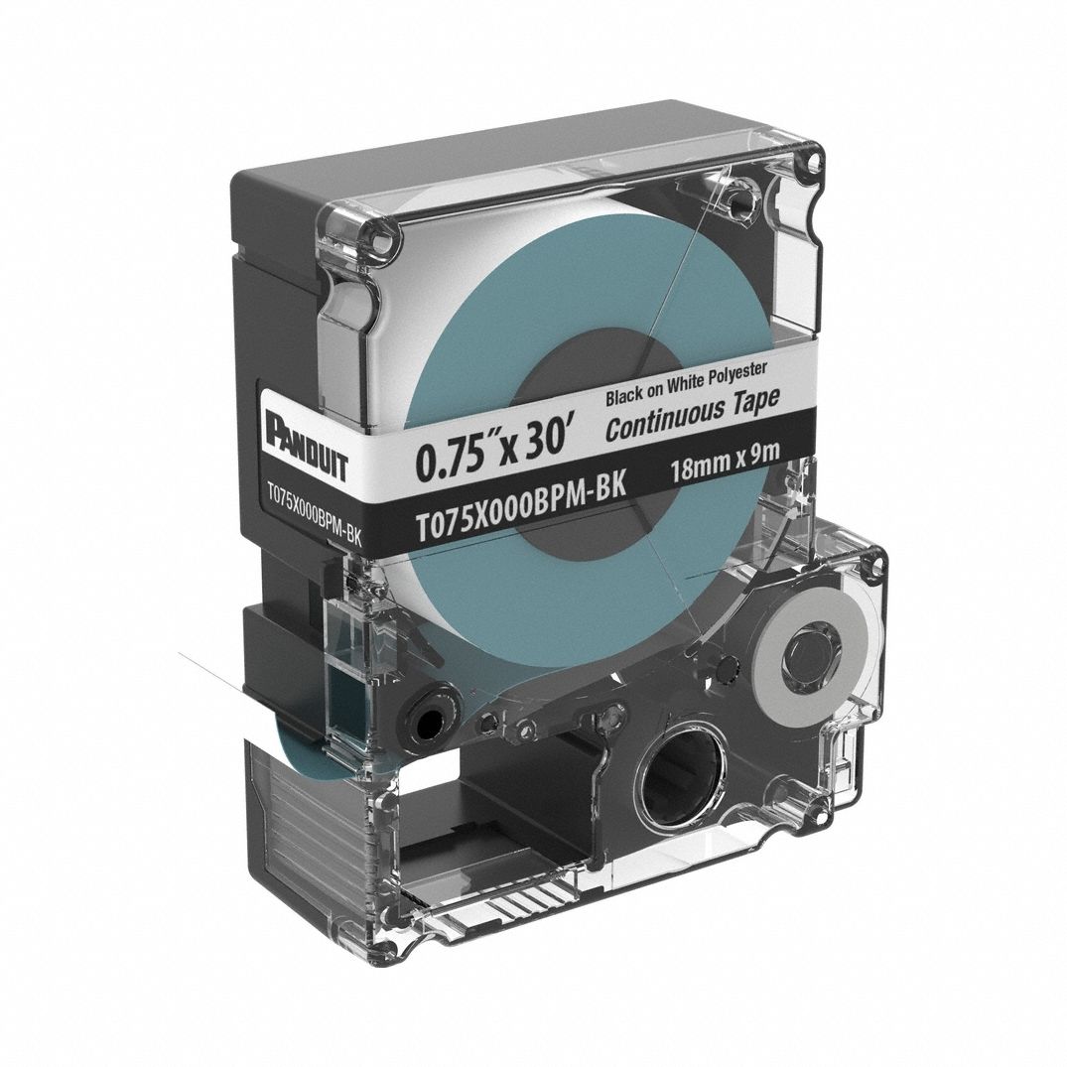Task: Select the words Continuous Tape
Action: [692, 413]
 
